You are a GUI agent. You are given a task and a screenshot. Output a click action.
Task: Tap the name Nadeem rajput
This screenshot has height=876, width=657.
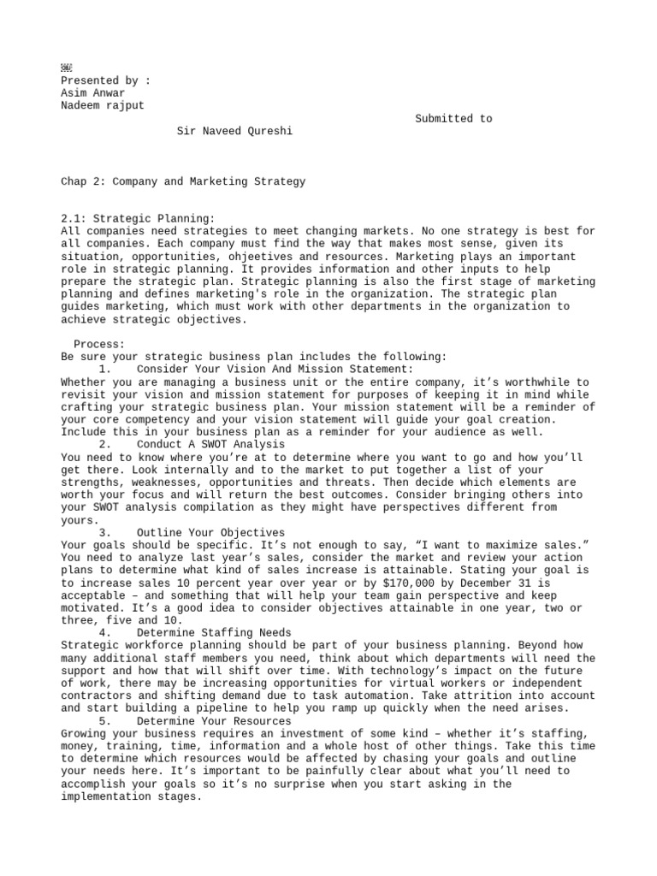pos(101,106)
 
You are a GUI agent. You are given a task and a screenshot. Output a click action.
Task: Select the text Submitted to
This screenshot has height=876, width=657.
pos(453,119)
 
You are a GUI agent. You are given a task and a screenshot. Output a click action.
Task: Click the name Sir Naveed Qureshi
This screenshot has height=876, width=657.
pos(234,132)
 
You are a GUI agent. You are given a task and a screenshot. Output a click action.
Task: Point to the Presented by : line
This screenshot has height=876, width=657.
pos(105,81)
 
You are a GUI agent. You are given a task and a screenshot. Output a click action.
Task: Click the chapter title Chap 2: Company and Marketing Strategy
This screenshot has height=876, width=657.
pos(183,181)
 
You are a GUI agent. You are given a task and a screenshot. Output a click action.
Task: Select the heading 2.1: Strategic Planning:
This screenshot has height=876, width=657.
pos(139,219)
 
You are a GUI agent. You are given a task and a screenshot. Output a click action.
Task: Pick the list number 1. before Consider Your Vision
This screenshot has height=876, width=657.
pos(104,369)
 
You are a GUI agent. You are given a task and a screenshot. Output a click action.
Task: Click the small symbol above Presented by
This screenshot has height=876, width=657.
pos(67,68)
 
